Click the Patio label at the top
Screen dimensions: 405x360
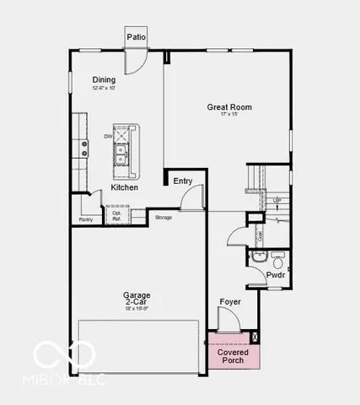pyautogui.click(x=136, y=37)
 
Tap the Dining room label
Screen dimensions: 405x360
pyautogui.click(x=105, y=80)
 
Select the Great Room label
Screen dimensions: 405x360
pyautogui.click(x=229, y=107)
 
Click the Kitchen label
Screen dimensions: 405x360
pyautogui.click(x=125, y=187)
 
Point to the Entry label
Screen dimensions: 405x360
pyautogui.click(x=182, y=181)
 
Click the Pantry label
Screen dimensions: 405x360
pyautogui.click(x=85, y=219)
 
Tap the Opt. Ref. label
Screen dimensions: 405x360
pyautogui.click(x=117, y=216)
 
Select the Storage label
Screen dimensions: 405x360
pyautogui.click(x=164, y=218)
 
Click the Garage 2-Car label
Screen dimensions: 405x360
pyautogui.click(x=137, y=300)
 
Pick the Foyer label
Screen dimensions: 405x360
pyautogui.click(x=230, y=301)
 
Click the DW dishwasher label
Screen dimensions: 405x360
pyautogui.click(x=108, y=136)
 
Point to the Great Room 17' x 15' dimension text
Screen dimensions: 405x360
pyautogui.click(x=229, y=116)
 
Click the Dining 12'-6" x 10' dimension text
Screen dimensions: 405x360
pyautogui.click(x=105, y=88)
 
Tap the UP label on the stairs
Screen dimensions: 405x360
pyautogui.click(x=277, y=200)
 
